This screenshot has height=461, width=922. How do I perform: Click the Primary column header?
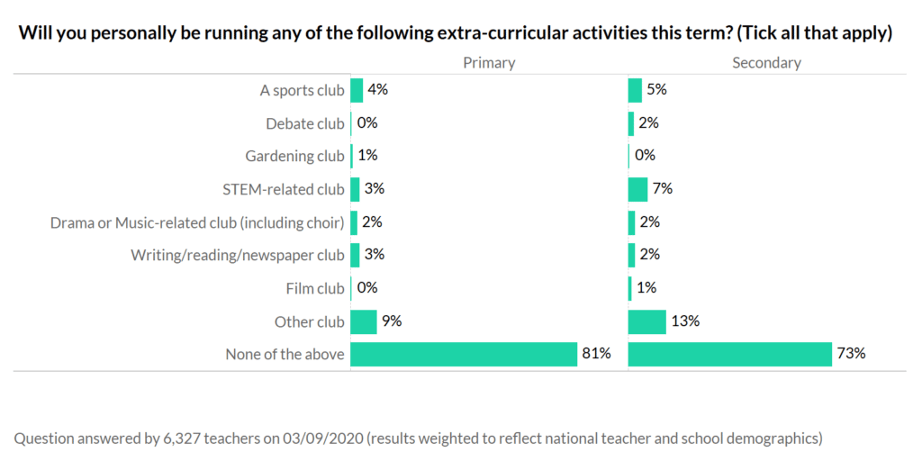[x=489, y=63]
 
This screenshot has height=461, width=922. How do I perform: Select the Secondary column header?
[x=766, y=63]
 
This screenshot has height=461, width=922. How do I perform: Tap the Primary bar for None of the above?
[x=463, y=354]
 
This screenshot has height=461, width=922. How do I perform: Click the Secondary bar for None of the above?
[x=729, y=354]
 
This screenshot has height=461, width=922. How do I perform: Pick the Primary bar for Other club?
[x=363, y=321]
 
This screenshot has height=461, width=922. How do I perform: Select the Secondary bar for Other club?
[x=646, y=321]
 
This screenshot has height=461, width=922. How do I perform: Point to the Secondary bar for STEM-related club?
[x=637, y=189]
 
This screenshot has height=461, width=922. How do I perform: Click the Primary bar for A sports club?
[x=357, y=90]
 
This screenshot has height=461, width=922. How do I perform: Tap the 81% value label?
[x=596, y=354]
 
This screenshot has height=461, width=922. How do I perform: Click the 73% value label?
[x=851, y=354]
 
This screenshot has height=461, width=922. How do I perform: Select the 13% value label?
[x=686, y=321]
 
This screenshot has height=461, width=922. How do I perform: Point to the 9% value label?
[x=392, y=321]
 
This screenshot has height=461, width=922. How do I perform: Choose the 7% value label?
[x=664, y=189]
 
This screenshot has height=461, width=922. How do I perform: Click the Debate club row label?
[x=304, y=123]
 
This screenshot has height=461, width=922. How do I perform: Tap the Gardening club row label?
[x=294, y=156]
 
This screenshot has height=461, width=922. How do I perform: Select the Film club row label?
[x=314, y=288]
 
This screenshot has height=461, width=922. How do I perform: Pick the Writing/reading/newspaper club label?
[x=237, y=255]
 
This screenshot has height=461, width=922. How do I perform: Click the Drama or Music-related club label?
[x=197, y=222]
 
